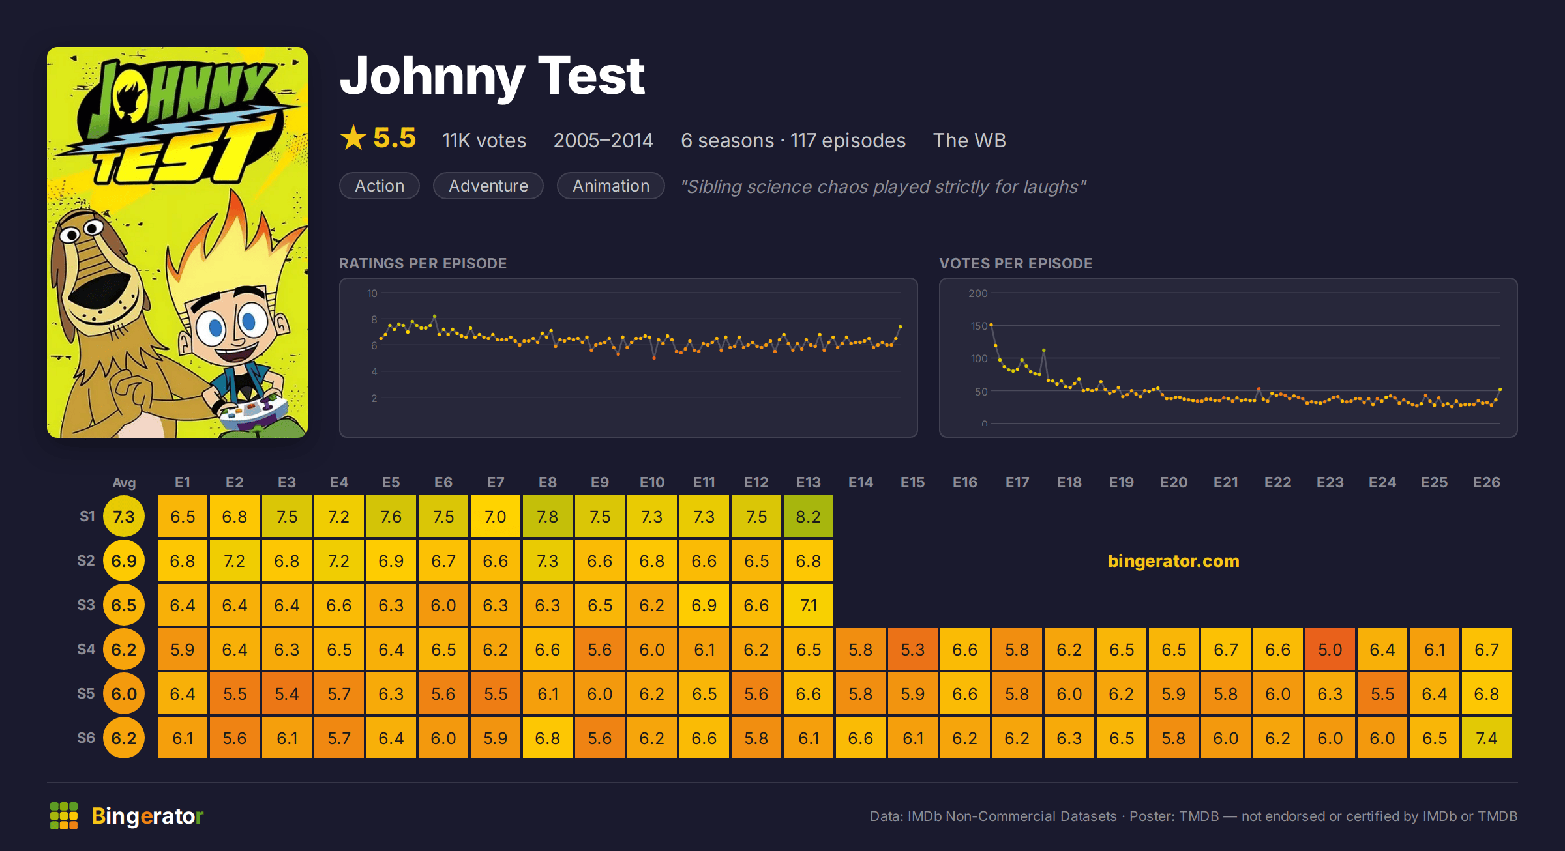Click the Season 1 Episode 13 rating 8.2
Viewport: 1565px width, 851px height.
click(x=809, y=517)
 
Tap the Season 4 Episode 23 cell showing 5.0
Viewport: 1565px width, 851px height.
click(x=1330, y=650)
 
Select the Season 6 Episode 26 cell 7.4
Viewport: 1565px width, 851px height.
click(x=1487, y=738)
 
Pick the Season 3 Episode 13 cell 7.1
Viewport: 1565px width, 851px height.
click(x=809, y=605)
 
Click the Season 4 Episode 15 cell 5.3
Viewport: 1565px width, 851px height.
click(x=913, y=650)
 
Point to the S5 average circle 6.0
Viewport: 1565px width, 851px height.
click(x=124, y=694)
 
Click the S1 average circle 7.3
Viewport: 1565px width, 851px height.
click(x=124, y=517)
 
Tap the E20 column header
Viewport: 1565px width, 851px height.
click(x=1174, y=482)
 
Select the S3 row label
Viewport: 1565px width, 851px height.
click(x=86, y=605)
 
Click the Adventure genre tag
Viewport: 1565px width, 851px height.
click(x=488, y=186)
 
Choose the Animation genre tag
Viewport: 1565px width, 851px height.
click(x=611, y=186)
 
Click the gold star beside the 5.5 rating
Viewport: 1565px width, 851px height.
click(x=353, y=137)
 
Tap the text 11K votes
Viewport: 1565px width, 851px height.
click(x=484, y=140)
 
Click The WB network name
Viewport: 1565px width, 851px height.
click(x=970, y=140)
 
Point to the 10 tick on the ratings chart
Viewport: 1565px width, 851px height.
click(x=372, y=293)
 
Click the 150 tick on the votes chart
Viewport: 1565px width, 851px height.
click(x=979, y=326)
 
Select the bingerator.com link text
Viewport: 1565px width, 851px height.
click(x=1174, y=561)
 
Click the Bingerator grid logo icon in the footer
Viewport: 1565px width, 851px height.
click(x=64, y=816)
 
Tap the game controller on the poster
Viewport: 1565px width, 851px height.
click(x=251, y=411)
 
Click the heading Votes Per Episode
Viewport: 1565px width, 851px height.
click(x=1016, y=263)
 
